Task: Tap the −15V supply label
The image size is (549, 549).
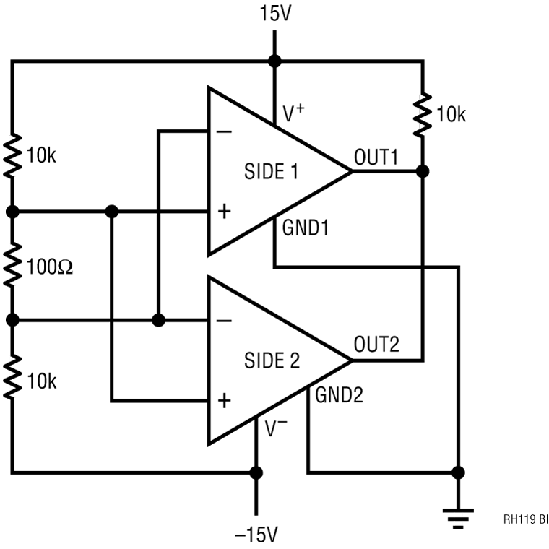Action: (254, 535)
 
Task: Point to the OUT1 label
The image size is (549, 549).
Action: (376, 157)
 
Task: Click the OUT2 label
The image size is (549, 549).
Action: (376, 345)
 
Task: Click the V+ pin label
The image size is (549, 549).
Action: (292, 113)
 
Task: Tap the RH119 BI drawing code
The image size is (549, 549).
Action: (525, 519)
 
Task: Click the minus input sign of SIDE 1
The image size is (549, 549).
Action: (225, 132)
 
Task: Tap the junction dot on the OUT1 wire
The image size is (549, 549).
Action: (423, 172)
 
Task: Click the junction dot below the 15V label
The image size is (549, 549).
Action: (273, 61)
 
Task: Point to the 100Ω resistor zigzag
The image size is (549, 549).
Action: (12, 266)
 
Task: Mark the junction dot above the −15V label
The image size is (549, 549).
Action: (255, 473)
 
